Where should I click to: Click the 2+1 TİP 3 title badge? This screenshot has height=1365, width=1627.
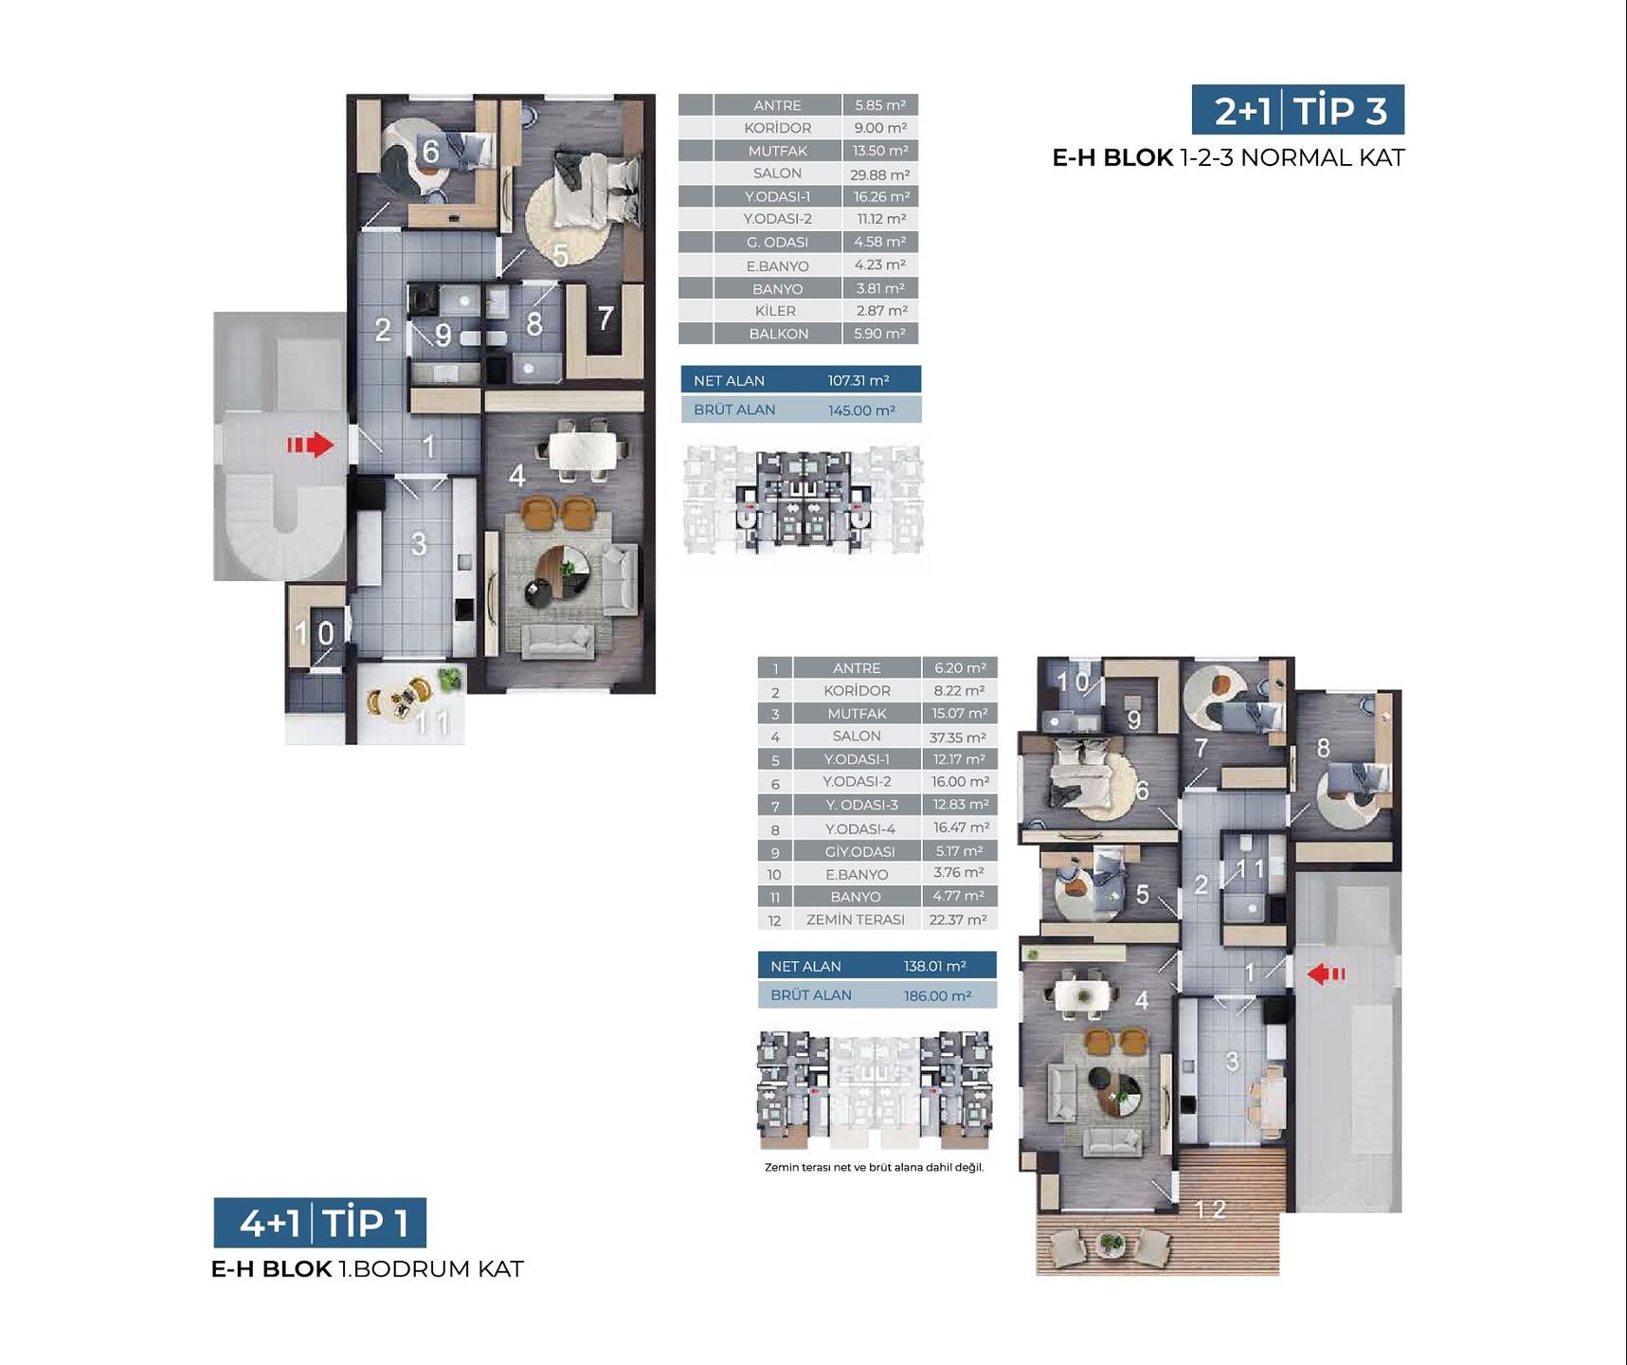pos(1297,110)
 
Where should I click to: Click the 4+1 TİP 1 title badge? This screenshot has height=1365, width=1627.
pos(319,1223)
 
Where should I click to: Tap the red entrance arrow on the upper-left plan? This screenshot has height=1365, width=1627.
pos(311,445)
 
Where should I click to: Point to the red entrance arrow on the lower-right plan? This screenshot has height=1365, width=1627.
pos(1326,974)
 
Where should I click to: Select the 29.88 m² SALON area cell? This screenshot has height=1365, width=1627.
pos(880,174)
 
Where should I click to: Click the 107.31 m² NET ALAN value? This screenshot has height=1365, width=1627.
pos(859,380)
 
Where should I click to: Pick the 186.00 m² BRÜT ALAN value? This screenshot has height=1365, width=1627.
pos(937,995)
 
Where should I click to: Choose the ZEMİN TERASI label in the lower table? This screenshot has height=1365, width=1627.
pos(856,919)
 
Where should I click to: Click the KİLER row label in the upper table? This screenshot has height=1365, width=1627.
pos(776,311)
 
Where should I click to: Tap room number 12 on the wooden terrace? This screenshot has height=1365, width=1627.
pos(1210,1209)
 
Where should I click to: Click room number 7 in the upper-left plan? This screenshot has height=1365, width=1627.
pos(606,318)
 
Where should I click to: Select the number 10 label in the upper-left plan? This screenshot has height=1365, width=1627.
pos(315,632)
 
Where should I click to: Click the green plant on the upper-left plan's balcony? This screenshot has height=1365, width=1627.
pos(450,678)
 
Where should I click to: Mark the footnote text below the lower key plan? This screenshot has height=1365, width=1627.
pos(874,1167)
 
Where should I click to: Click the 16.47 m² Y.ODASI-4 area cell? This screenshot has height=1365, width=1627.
pos(960,828)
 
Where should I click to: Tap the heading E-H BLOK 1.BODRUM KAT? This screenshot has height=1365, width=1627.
pos(368,1269)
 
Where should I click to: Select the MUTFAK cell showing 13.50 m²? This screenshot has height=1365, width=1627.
pos(880,151)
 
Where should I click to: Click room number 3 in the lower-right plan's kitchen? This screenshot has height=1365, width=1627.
pos(1232,1061)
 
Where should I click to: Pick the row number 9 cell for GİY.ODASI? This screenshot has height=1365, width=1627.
pos(775,851)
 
